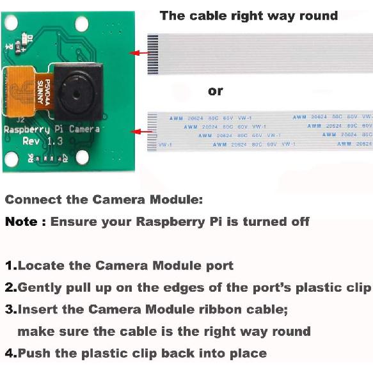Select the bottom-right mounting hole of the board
(82, 158)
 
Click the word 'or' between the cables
(216, 91)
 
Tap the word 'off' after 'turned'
(299, 222)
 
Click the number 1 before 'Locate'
(10, 266)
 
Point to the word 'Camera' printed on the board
(84, 129)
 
